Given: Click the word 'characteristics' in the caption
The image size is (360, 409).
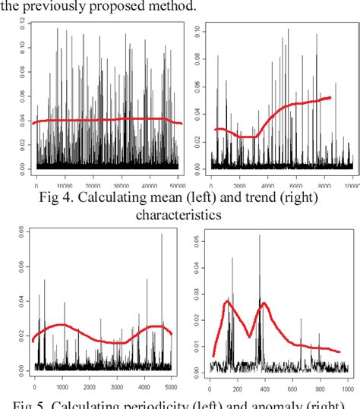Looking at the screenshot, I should (x=178, y=215).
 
